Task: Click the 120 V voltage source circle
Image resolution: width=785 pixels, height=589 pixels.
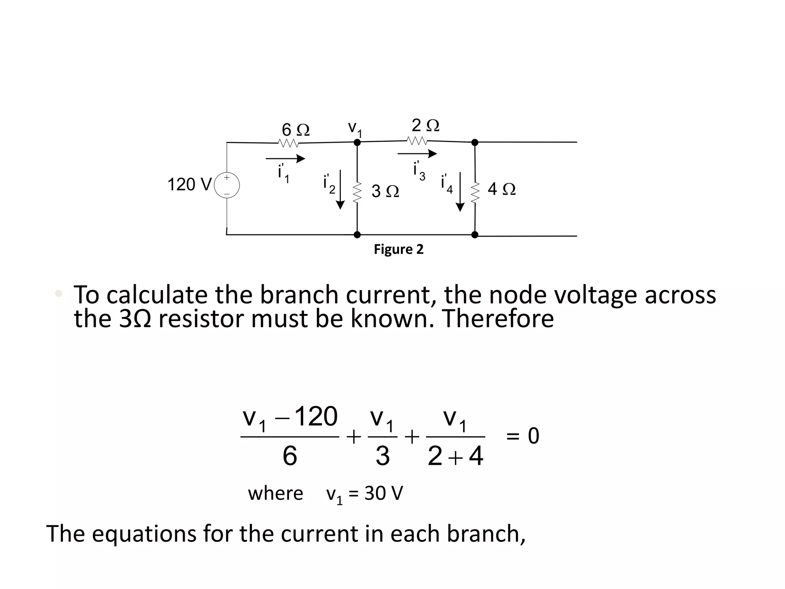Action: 227,186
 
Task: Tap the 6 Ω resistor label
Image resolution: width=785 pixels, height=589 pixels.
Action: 295,130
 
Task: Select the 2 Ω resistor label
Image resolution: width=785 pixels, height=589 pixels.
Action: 425,125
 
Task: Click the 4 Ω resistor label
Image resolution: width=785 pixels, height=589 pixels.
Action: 501,189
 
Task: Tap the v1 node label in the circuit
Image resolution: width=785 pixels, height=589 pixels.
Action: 355,128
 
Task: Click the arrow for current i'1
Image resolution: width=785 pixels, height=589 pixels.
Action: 285,158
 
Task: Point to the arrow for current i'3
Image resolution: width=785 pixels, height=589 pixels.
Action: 417,154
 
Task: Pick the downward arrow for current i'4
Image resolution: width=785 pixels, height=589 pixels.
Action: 460,191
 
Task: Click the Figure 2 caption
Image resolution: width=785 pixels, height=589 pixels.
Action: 399,249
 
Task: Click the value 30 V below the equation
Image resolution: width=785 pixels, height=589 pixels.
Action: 384,493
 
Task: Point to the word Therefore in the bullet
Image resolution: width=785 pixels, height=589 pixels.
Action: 498,318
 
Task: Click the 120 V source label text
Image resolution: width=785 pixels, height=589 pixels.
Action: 189,184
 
